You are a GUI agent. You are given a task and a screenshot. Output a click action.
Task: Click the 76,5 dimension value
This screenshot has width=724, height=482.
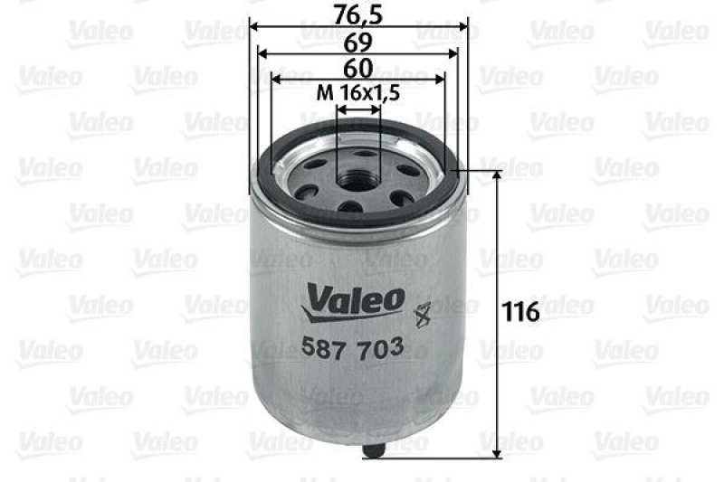coord(358,13)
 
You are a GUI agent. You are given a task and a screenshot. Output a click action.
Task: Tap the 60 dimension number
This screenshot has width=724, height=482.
coord(358,68)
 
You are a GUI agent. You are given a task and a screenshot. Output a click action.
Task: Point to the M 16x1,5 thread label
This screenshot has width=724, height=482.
coord(358,92)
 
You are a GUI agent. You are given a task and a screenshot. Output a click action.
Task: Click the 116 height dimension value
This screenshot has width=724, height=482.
coord(521,312)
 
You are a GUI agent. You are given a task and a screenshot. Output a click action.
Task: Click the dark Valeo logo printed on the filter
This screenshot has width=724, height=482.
coord(353,298)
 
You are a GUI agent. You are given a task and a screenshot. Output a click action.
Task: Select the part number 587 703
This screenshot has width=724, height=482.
coord(351,346)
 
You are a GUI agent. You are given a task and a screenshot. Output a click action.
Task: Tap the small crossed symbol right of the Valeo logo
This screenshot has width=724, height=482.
coord(420,315)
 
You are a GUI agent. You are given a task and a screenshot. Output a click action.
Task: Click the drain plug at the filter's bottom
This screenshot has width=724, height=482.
coord(373,447)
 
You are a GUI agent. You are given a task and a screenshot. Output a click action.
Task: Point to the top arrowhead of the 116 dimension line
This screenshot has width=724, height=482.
coord(497,175)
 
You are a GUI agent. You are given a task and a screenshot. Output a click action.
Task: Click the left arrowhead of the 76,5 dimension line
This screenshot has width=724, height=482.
coord(252,27)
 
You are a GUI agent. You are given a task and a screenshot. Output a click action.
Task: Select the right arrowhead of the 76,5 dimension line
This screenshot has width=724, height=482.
coord(466,27)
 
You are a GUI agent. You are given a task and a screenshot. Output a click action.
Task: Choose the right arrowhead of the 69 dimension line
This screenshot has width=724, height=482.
coord(455,55)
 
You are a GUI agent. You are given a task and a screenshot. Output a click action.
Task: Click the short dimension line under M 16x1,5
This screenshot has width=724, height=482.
coord(358,109)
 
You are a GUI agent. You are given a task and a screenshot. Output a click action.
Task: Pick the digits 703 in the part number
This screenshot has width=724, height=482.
coord(380,346)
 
